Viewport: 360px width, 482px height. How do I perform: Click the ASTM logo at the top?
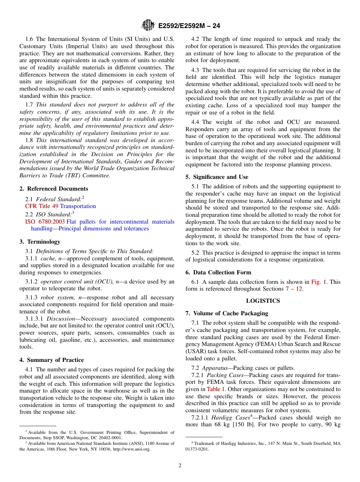(x=148, y=25)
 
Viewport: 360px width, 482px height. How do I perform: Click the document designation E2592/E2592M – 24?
(x=189, y=26)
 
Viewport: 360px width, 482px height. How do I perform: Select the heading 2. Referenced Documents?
(x=54, y=189)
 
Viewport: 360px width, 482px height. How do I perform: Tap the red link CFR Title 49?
(x=42, y=206)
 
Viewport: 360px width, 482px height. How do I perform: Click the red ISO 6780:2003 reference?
(x=45, y=222)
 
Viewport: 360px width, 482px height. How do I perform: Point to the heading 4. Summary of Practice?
(x=52, y=360)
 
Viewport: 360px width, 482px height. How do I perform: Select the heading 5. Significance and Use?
(x=217, y=177)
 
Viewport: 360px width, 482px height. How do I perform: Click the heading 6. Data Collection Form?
(x=218, y=272)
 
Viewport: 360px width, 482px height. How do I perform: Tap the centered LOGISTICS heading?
(x=263, y=301)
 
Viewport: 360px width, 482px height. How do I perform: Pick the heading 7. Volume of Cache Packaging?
(x=227, y=313)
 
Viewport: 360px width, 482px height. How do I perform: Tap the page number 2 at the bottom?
(x=180, y=466)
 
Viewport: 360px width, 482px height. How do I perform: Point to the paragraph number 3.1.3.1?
(x=34, y=319)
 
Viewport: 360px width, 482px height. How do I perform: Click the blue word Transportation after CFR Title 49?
(x=78, y=206)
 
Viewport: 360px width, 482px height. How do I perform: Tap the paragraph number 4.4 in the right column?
(x=196, y=122)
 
